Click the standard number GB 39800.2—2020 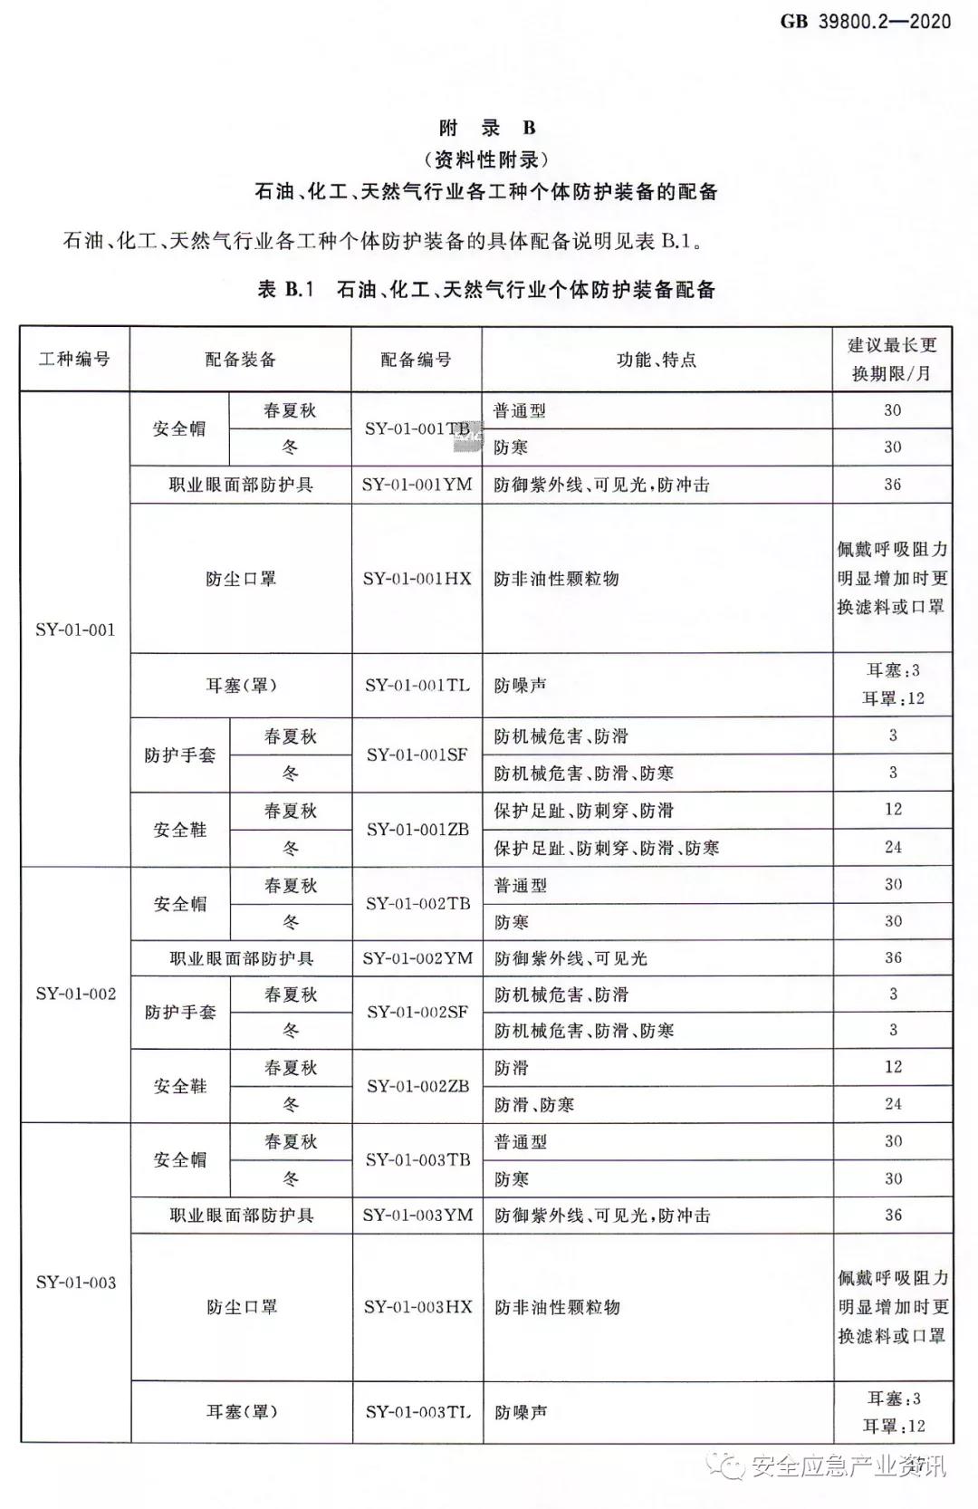tap(865, 20)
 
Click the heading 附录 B tap(487, 128)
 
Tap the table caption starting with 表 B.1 tap(487, 290)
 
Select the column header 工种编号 tap(74, 360)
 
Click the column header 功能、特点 tap(657, 360)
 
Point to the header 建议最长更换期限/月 tap(892, 360)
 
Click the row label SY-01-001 tap(75, 630)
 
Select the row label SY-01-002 tap(76, 994)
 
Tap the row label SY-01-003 tap(76, 1282)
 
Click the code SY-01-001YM tap(417, 485)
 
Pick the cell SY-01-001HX tap(417, 578)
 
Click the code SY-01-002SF tap(417, 1012)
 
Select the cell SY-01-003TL tap(417, 1411)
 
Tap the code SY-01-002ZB tap(417, 1085)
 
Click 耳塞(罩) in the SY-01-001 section tap(241, 685)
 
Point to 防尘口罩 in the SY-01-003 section tap(242, 1307)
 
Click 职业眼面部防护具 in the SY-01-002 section tap(242, 957)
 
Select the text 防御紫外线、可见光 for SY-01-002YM tap(570, 957)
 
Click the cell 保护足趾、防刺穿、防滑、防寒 tap(606, 848)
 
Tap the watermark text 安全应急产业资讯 tap(847, 1466)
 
